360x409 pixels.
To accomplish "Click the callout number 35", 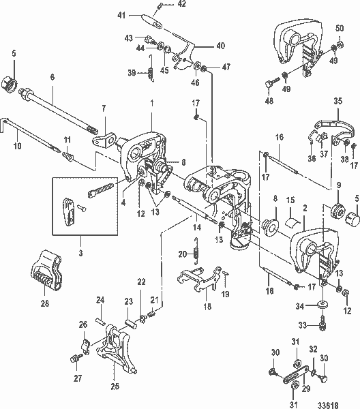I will [337, 101].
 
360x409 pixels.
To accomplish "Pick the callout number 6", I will [52, 77].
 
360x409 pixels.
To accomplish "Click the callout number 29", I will [301, 387].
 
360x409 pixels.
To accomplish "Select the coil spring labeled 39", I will [151, 68].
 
